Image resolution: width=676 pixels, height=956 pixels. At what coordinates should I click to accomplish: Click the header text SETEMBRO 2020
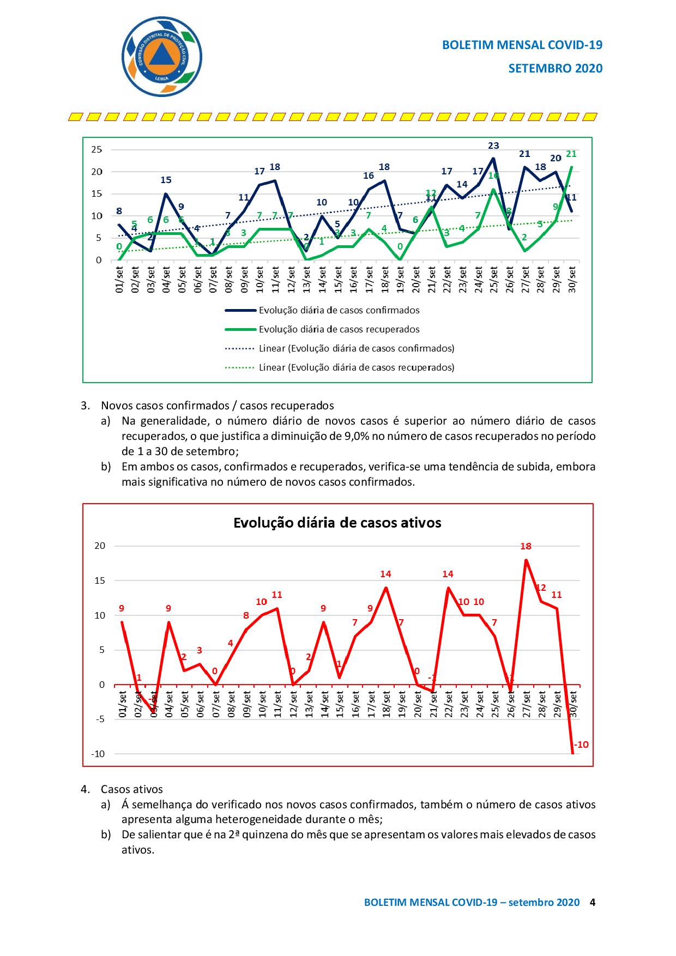[555, 68]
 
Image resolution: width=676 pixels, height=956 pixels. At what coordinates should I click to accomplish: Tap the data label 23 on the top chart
[493, 146]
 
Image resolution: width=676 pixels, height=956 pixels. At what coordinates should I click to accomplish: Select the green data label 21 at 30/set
[571, 154]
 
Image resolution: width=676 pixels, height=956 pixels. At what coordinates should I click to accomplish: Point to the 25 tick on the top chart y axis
[96, 149]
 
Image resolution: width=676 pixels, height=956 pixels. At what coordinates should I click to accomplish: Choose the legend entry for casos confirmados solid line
[339, 310]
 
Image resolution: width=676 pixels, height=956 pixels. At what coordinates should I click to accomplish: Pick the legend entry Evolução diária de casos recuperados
[339, 329]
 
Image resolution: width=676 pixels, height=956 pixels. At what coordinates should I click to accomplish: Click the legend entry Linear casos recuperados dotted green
[357, 367]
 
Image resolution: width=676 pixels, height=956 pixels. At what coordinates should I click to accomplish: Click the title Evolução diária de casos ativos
[337, 523]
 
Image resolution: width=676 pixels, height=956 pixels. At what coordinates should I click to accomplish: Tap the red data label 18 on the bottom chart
[526, 546]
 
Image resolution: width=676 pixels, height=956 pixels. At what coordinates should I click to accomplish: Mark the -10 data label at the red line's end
[581, 745]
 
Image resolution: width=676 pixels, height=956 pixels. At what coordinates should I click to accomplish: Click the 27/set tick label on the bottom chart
[527, 704]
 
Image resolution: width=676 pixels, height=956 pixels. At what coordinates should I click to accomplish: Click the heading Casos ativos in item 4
[131, 789]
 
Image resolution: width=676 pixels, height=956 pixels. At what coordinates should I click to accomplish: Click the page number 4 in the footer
[593, 902]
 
